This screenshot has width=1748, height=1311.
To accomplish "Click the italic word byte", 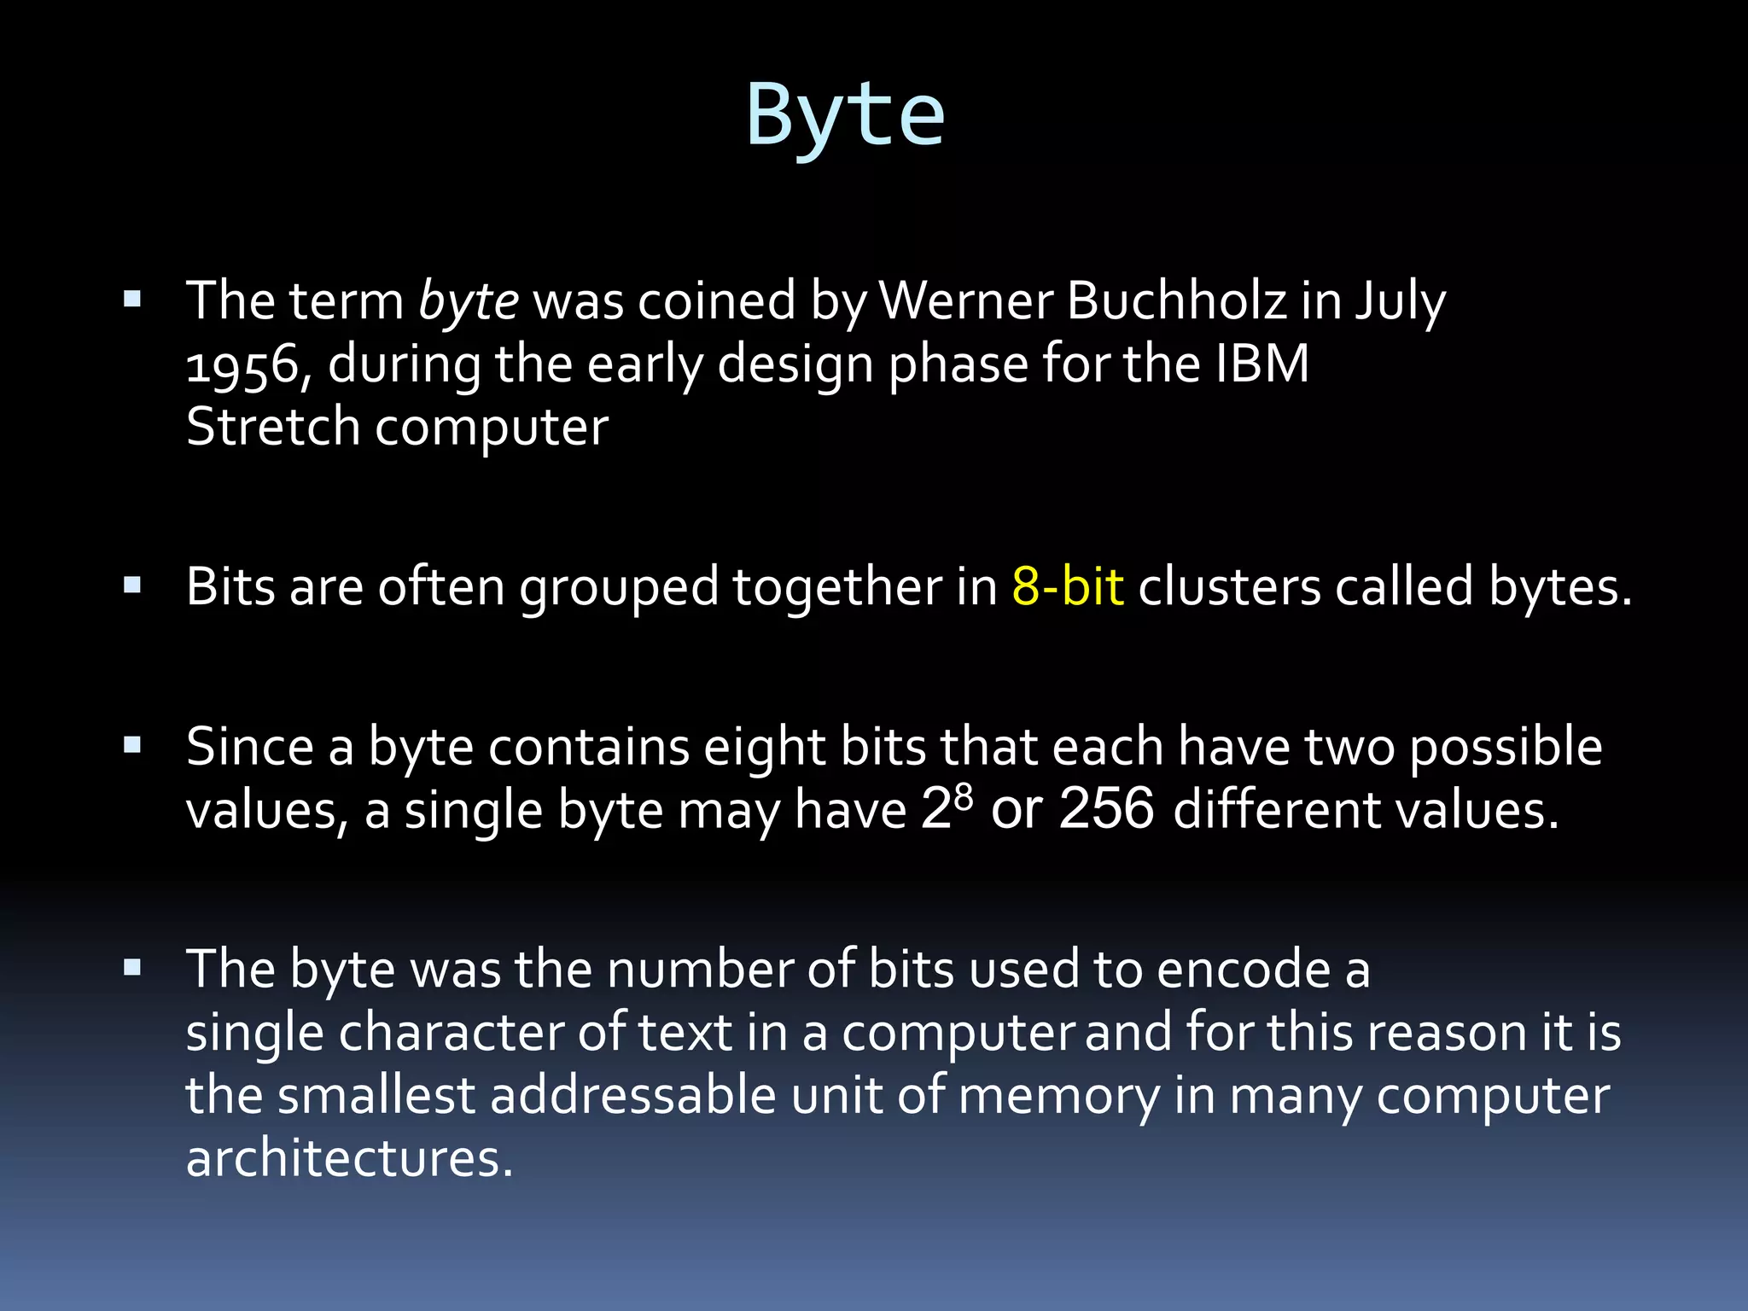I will click(x=469, y=301).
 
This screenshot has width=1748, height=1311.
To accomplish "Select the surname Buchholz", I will click(x=1176, y=301).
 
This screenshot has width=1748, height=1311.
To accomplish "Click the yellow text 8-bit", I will click(x=1068, y=587).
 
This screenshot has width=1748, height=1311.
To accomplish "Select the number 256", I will click(x=1106, y=808).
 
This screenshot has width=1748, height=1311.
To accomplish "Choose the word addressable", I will click(x=632, y=1095).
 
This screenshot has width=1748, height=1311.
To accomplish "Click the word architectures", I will click(x=349, y=1159).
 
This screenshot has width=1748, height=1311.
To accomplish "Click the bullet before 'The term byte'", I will click(x=132, y=300).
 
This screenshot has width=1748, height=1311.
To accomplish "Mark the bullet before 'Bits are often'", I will click(x=132, y=586).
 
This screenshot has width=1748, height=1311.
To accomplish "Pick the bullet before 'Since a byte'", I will click(x=132, y=746).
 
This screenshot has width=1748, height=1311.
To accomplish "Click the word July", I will click(x=1401, y=301).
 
